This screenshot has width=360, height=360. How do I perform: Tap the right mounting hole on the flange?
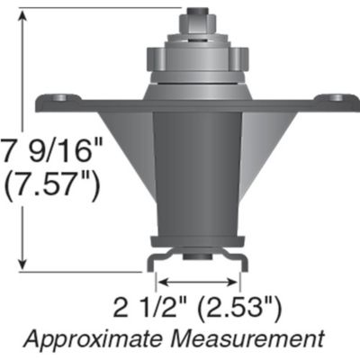click(x=337, y=96)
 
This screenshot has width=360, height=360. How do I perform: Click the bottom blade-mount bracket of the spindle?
click(x=196, y=247)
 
